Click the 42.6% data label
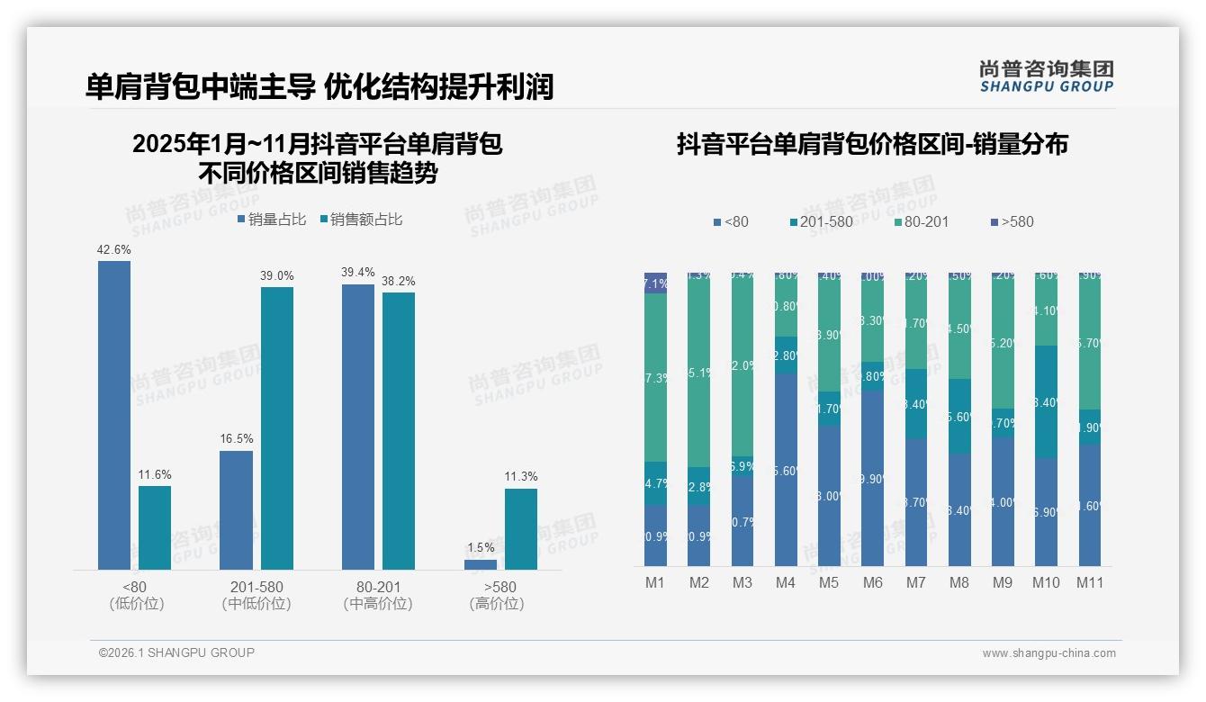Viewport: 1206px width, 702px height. tap(113, 249)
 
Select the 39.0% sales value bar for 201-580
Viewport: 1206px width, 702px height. tap(276, 427)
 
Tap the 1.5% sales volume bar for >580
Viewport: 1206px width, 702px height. tap(481, 564)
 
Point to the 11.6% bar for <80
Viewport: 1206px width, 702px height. tap(154, 527)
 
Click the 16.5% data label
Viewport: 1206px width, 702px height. tap(236, 439)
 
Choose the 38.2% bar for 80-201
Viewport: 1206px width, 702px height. tap(398, 430)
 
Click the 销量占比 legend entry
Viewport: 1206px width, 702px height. tap(272, 220)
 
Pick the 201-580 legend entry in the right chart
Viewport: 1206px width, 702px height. tap(821, 221)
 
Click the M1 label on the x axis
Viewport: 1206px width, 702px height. tap(655, 582)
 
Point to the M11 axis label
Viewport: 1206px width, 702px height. tap(1090, 582)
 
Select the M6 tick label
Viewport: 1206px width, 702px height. tap(872, 582)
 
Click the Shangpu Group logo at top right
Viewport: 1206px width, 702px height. tap(1046, 76)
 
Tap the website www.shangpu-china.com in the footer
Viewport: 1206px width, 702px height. tap(1048, 653)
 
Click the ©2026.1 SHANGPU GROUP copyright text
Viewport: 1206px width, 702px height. tap(176, 652)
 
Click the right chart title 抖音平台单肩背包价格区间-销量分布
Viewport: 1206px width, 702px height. tap(871, 145)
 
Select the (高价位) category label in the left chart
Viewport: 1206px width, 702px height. tap(497, 604)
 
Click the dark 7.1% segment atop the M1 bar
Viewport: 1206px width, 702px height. tap(655, 283)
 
